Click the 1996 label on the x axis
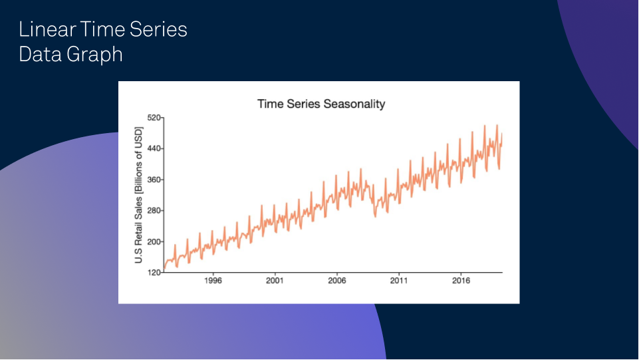(213, 281)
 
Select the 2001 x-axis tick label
(275, 281)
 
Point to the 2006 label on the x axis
(337, 281)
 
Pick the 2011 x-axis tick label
(399, 281)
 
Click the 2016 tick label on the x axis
(461, 281)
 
